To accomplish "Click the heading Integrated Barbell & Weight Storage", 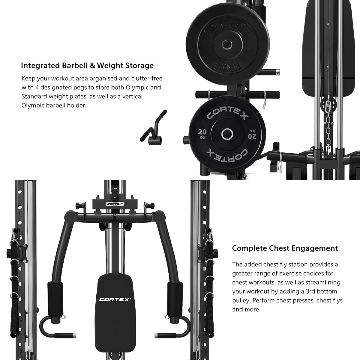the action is click(x=87, y=66).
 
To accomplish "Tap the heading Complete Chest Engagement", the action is click(x=285, y=248).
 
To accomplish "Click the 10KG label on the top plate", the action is click(x=227, y=66).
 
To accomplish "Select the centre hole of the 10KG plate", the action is click(x=227, y=44).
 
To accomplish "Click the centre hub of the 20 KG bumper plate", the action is click(x=227, y=134).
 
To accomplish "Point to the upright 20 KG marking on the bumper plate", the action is click(x=202, y=133).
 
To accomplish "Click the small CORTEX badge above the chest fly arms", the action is click(x=115, y=204).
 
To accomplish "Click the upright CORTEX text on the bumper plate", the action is click(x=227, y=113).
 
